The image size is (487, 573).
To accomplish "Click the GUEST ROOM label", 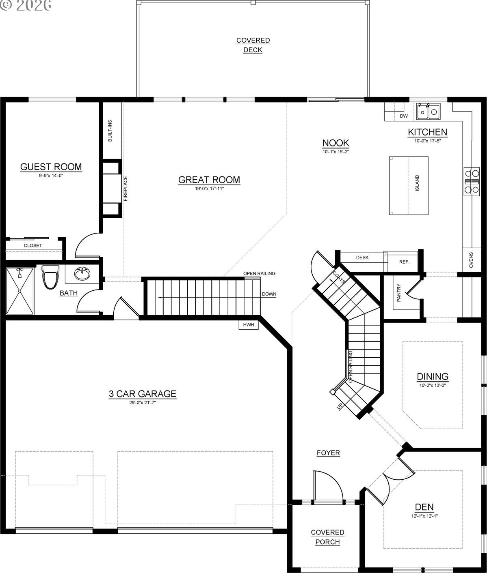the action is (51, 167).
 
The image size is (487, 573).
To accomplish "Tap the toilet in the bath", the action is (50, 277).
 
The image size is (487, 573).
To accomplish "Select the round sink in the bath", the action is (82, 274).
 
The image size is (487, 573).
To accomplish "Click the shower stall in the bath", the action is (20, 291).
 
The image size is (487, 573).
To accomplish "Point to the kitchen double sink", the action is (428, 111).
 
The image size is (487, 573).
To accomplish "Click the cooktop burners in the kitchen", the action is (472, 182).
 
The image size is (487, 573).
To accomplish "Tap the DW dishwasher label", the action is (404, 116).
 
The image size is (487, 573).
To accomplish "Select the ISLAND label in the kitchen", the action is (417, 182).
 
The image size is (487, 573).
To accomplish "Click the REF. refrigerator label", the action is (404, 262).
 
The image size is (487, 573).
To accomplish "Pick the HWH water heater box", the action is (249, 324).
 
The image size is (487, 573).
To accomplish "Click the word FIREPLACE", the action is (125, 189).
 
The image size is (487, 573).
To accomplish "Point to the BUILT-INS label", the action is (110, 131).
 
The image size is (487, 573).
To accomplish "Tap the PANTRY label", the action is (399, 292).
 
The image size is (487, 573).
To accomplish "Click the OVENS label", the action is (471, 260).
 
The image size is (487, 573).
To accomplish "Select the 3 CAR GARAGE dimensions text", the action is (143, 402).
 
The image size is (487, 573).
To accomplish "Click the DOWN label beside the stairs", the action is (269, 294).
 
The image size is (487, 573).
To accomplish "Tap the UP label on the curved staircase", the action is (340, 406).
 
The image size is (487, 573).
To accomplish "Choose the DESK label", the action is (362, 258).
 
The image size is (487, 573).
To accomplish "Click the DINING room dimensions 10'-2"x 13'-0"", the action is (433, 385).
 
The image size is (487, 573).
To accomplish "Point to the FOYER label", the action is (328, 453).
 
